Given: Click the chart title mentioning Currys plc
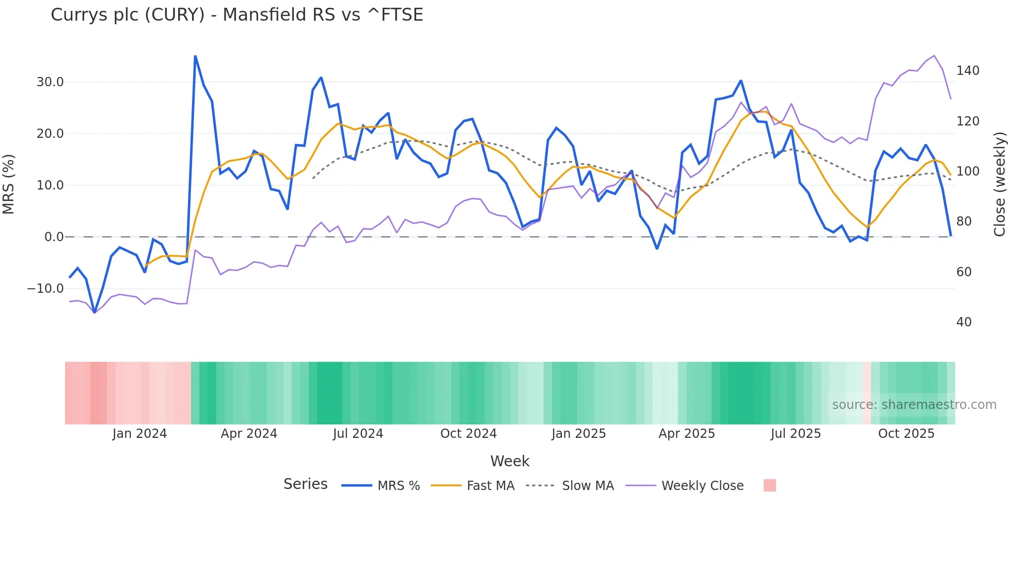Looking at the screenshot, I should click(x=236, y=15).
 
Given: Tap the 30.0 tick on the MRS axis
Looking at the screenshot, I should click(x=50, y=82).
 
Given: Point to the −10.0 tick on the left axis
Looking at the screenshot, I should click(x=45, y=289).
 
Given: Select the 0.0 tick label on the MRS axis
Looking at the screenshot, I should click(x=54, y=237).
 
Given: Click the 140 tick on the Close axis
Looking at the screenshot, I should click(x=968, y=71).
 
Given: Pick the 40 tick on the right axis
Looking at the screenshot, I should click(x=963, y=322).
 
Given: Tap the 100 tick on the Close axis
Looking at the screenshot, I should click(x=968, y=171).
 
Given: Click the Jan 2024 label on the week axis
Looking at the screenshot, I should click(x=139, y=434).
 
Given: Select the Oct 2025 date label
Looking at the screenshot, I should click(x=906, y=434).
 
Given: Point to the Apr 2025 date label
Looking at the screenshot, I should click(x=686, y=434).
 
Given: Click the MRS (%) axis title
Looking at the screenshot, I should click(x=9, y=184).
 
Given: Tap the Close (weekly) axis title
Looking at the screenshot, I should click(x=1000, y=184).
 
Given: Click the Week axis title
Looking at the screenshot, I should click(x=510, y=461).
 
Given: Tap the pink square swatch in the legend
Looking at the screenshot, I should click(x=769, y=485).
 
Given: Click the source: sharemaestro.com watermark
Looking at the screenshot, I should click(x=914, y=405).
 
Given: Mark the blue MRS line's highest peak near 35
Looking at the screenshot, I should click(x=195, y=56).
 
